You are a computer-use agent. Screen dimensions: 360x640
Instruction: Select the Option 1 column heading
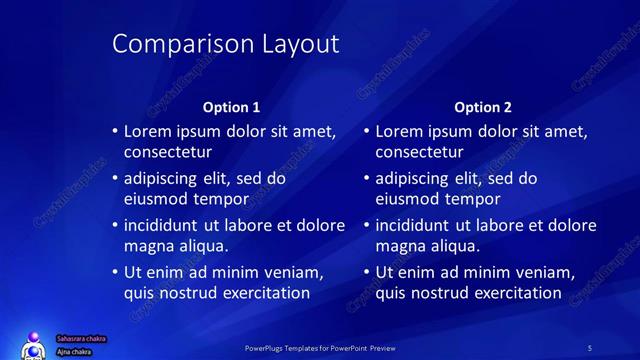(x=231, y=106)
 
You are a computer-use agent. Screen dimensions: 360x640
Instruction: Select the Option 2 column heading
(x=483, y=106)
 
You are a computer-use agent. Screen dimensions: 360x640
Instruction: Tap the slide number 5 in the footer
(x=590, y=347)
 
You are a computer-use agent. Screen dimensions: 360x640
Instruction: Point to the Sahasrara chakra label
(x=80, y=339)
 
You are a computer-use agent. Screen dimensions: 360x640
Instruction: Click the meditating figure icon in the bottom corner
(x=33, y=345)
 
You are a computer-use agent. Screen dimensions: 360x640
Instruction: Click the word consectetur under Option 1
(x=167, y=152)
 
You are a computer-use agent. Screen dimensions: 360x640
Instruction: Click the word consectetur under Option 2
(x=419, y=152)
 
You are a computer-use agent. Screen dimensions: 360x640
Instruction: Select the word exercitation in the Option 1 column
(x=254, y=293)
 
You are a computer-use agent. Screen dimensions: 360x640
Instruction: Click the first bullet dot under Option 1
(x=115, y=131)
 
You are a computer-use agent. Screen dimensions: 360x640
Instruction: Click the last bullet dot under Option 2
(x=367, y=272)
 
